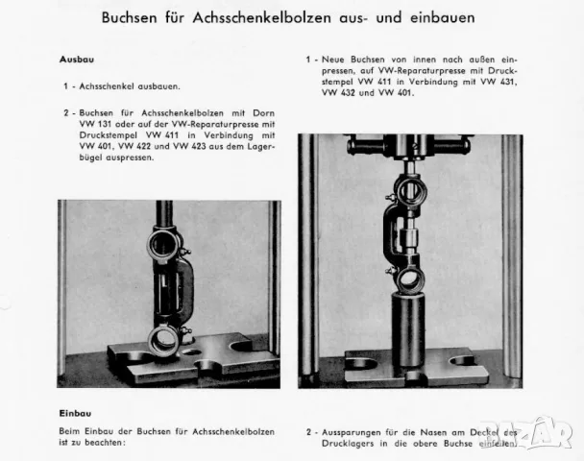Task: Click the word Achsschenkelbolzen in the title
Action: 262,18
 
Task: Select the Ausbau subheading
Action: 77,60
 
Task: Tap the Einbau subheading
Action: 75,413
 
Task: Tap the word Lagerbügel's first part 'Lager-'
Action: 261,147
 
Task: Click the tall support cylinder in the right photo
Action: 407,329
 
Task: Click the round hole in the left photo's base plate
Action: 192,352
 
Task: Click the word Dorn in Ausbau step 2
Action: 264,113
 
